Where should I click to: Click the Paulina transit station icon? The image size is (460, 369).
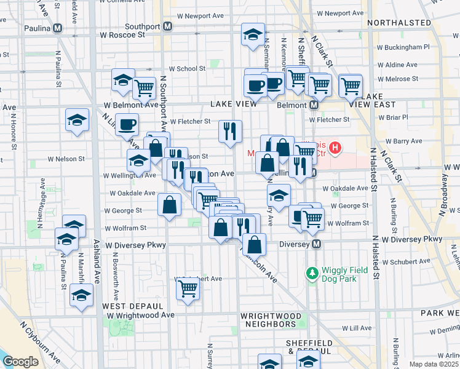(57, 28)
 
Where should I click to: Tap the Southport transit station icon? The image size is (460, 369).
(168, 27)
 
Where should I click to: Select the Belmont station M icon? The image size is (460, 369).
(314, 105)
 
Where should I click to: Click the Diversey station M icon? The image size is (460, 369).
(317, 244)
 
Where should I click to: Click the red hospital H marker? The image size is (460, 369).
(335, 148)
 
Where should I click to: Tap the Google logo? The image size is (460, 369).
(21, 362)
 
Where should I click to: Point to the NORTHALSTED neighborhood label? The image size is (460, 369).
(399, 23)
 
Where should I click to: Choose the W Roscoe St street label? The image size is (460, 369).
(125, 35)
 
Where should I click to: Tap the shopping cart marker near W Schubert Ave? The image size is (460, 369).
(188, 287)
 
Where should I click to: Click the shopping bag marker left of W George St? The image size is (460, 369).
(169, 204)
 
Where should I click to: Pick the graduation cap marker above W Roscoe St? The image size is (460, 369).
(253, 34)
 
